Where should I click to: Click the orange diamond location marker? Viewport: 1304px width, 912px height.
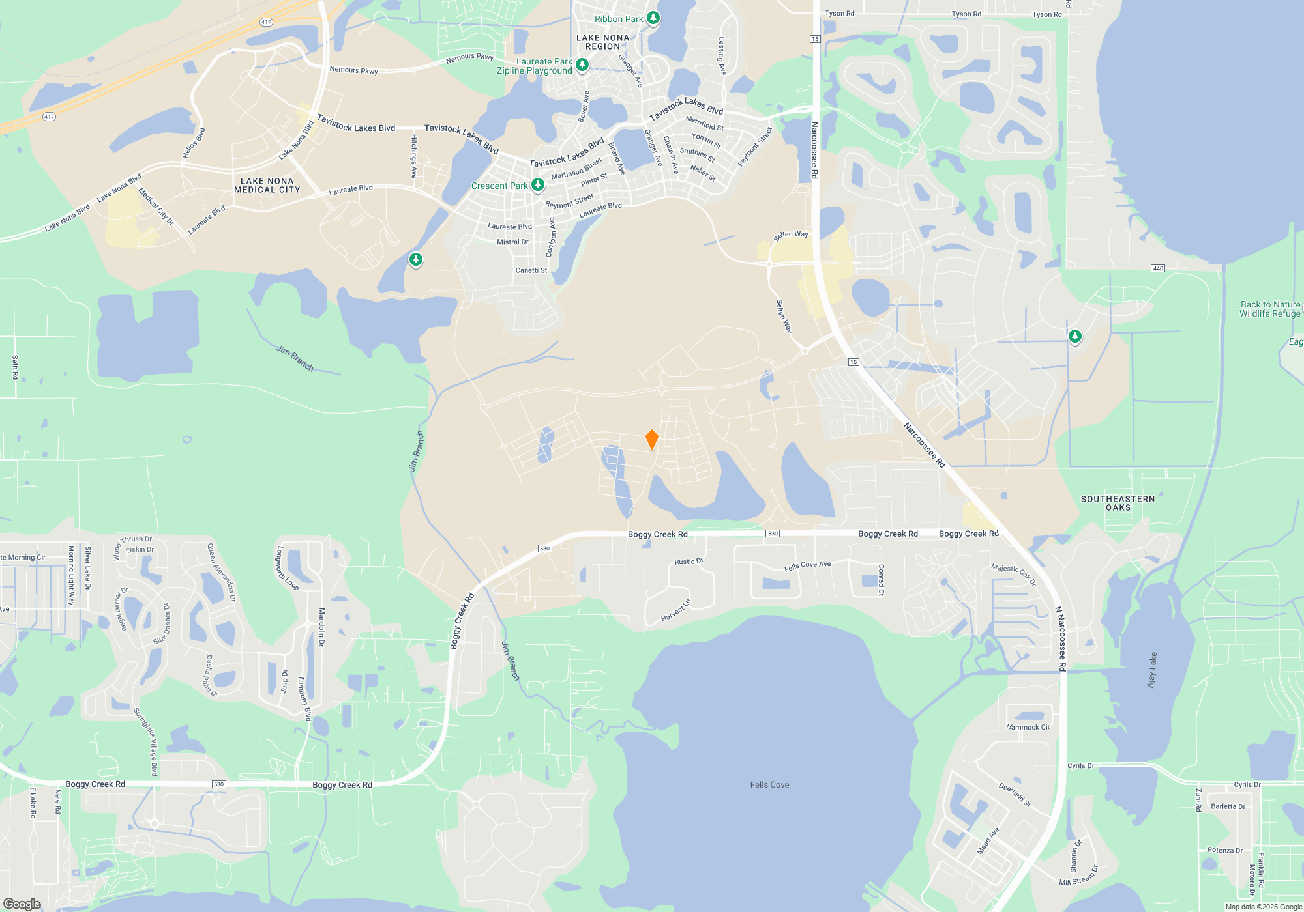[x=651, y=440]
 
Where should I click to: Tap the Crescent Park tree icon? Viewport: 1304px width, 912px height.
[x=538, y=185]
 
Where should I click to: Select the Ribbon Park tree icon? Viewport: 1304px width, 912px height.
[x=653, y=18]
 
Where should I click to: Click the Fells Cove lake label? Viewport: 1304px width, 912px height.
[x=769, y=785]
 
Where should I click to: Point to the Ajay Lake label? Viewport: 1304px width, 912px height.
[x=1152, y=670]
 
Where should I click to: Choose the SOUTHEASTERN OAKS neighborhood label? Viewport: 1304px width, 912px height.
[x=1118, y=503]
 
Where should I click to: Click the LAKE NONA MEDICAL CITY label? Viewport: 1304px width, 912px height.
[x=267, y=186]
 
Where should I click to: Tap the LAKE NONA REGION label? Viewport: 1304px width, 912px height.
[x=603, y=42]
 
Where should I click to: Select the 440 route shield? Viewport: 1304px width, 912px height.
[x=1158, y=268]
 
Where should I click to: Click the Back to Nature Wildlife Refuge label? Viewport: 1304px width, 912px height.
[x=1270, y=309]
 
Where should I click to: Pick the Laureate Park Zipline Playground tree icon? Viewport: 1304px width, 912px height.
[x=582, y=64]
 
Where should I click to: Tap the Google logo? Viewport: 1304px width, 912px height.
[x=22, y=904]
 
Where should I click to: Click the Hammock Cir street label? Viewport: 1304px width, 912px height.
[x=1028, y=727]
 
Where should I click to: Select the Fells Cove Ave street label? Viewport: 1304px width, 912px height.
[x=807, y=566]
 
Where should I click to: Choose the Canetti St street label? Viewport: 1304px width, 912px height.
[x=531, y=270]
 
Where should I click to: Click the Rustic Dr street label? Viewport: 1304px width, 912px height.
[x=689, y=562]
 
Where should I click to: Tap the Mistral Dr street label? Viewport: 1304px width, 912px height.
[x=512, y=242]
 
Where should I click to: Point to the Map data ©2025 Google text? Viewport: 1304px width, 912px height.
[x=1264, y=907]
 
